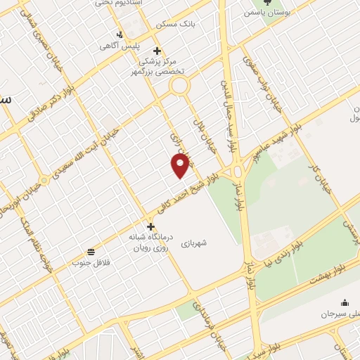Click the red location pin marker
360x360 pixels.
[181, 166]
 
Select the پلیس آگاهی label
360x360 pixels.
[119, 46]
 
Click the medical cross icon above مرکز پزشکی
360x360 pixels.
[157, 51]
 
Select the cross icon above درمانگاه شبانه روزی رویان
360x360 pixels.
[150, 226]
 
